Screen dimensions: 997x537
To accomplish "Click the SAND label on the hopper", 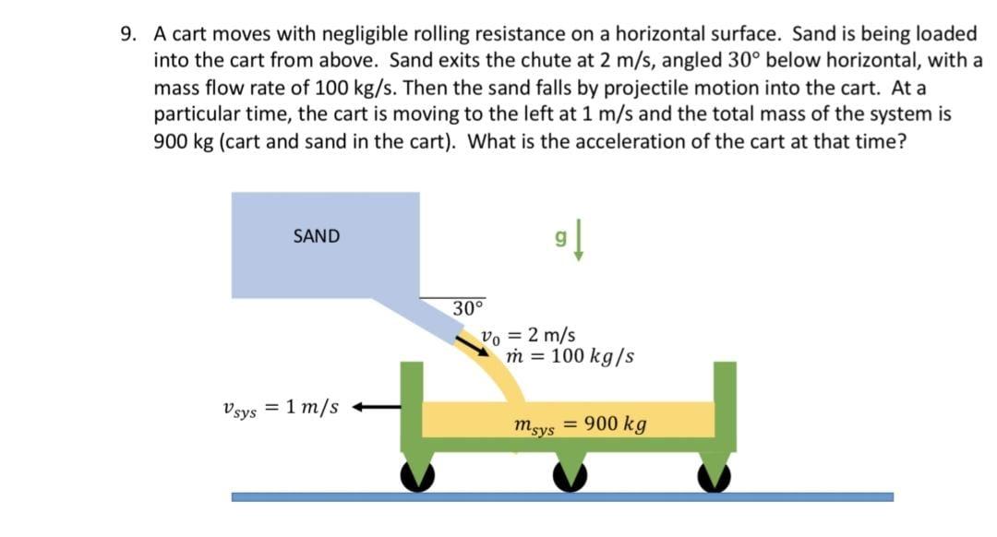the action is coord(316,236).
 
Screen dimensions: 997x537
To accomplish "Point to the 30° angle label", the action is coord(468,307).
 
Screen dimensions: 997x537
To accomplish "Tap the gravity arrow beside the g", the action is coord(577,244).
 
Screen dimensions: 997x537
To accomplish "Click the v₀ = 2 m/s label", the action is coord(529,337).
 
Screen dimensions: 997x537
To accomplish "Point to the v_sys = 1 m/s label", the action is coord(280,407).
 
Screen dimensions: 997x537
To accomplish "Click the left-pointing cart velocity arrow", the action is coord(379,407).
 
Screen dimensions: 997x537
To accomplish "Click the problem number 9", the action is coord(129,35).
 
